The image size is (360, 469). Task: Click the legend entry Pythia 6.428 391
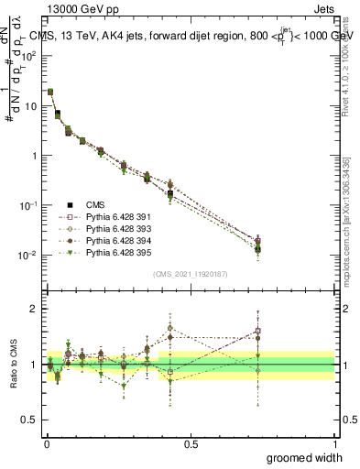point(112,216)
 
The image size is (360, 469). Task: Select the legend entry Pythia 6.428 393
point(112,228)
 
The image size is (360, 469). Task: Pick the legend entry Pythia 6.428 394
point(112,240)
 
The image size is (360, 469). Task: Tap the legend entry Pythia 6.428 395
point(112,252)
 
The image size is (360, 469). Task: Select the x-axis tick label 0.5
point(191,442)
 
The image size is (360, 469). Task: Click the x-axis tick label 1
point(334,442)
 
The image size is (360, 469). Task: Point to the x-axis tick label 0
point(47,442)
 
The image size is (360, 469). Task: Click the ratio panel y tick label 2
point(35,309)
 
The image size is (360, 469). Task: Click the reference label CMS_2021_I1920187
point(191,274)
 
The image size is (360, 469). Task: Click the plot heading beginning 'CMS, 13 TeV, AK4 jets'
point(191,35)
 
